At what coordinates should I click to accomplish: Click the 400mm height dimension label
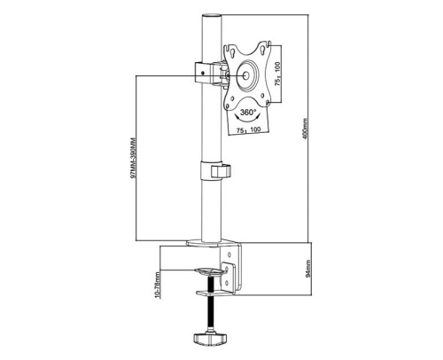tap(305, 129)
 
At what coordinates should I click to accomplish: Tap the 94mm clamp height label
tap(308, 269)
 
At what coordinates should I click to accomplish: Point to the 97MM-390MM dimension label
tap(133, 158)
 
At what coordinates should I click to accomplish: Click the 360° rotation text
tap(248, 113)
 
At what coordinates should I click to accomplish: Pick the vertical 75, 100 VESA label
tap(277, 74)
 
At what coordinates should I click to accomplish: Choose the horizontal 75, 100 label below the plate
tap(249, 130)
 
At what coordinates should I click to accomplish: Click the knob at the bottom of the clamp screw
tap(210, 339)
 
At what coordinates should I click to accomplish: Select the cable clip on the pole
tap(221, 171)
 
